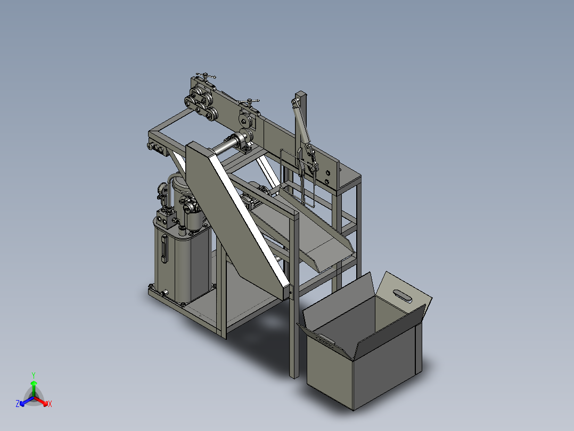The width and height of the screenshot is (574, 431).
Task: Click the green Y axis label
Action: [x=34, y=376]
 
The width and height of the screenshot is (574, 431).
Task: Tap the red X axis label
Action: [x=50, y=404]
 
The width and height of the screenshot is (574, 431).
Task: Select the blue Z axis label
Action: [x=18, y=404]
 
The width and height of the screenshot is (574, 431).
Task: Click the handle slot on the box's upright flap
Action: [x=403, y=296]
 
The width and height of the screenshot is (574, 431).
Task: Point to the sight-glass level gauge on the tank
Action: [x=164, y=249]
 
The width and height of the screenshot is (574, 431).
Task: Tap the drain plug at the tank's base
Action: [x=163, y=293]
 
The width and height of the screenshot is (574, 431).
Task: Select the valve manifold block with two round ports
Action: [x=166, y=219]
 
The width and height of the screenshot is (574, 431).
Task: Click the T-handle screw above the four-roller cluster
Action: [x=206, y=77]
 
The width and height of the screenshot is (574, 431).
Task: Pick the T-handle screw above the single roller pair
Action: [x=249, y=101]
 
